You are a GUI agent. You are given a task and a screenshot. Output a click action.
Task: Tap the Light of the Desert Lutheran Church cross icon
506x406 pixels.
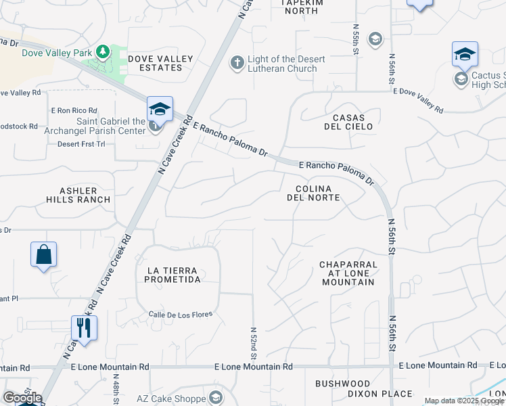(x=237, y=63)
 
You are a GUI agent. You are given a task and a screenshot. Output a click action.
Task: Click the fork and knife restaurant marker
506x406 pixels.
(x=85, y=329)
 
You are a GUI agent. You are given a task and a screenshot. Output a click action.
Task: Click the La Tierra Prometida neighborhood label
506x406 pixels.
(x=174, y=275)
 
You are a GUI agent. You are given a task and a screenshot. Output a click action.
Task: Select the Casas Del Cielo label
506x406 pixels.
(x=348, y=122)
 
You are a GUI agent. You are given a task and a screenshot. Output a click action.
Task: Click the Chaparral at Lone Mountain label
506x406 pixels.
(x=347, y=273)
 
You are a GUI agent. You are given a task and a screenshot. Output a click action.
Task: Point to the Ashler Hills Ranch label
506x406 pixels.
(x=78, y=195)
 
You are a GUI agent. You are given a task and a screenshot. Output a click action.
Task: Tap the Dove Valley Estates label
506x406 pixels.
(x=160, y=63)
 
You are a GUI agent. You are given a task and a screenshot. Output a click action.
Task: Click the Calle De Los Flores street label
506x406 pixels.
(x=181, y=314)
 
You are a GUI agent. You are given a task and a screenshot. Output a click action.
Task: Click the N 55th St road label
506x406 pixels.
(x=356, y=36)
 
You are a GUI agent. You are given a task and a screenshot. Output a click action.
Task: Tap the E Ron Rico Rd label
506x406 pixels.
(x=74, y=110)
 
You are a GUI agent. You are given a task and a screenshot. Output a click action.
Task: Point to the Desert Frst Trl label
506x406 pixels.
(x=82, y=144)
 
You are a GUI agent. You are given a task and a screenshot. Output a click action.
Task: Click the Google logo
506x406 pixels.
(x=23, y=397)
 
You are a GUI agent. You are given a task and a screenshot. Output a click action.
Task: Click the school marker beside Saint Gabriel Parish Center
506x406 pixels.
(x=160, y=109)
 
